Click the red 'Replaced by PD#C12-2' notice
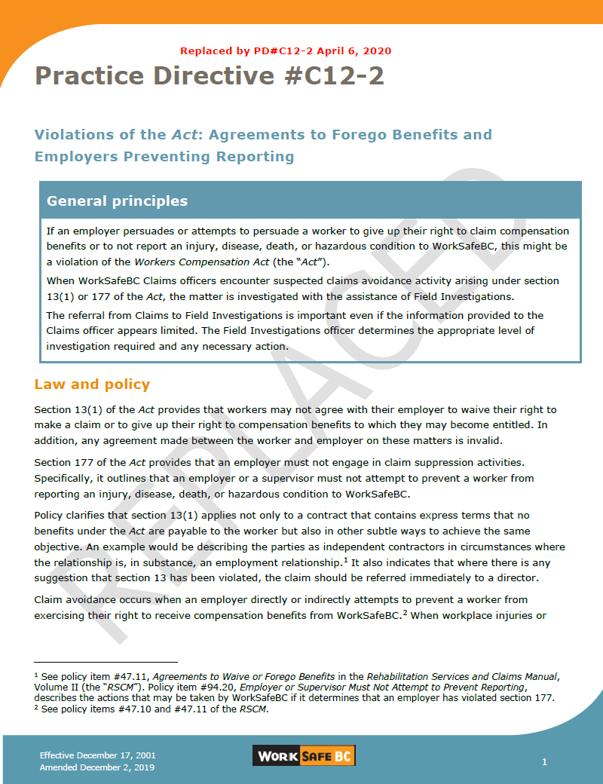pos(286,51)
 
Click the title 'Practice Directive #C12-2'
pos(210,76)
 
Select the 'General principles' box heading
pos(117,201)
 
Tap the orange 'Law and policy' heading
pos(92,384)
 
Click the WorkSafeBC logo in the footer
pos(304,756)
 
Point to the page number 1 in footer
pos(544,762)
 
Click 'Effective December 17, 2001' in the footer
pos(98,755)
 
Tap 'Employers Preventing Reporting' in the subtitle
pos(164,157)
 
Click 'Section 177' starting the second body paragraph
pos(64,461)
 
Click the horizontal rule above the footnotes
pos(106,662)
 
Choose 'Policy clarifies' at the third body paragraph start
pos(73,516)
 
